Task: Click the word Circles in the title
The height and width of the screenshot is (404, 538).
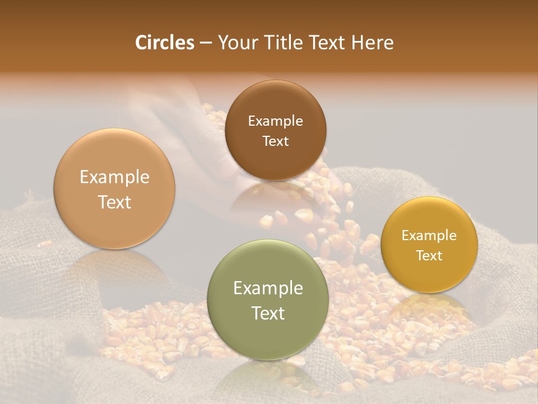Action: pos(164,43)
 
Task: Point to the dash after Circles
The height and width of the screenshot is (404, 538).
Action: pos(206,43)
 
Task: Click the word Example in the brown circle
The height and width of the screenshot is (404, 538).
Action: pos(275,121)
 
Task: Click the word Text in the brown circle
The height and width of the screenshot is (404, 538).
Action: pos(275,141)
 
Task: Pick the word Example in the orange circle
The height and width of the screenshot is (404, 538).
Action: pos(114,177)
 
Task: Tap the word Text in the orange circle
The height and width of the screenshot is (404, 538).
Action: pos(114,202)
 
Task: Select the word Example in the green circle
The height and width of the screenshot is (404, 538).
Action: pos(268,288)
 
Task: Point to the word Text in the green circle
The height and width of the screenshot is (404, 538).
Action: pos(268,313)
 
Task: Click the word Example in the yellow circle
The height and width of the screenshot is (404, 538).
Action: pos(429,236)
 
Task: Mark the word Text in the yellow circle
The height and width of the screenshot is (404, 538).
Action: pos(429,256)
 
